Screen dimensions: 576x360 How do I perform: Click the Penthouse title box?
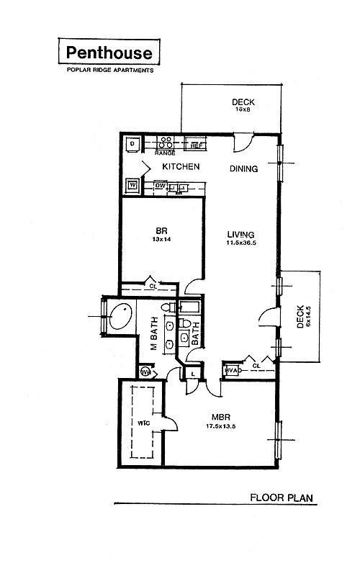tap(109, 52)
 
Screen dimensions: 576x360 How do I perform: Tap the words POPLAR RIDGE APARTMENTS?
tap(109, 70)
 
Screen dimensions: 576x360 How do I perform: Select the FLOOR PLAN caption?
tap(281, 497)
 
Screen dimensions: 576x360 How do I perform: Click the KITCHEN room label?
tap(180, 167)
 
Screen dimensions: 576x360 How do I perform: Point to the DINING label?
tap(243, 169)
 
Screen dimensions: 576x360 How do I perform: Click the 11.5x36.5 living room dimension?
tap(241, 243)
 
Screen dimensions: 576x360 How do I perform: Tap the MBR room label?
tap(220, 416)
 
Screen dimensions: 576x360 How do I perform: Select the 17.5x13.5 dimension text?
tap(220, 426)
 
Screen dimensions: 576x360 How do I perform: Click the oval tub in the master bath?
tap(121, 317)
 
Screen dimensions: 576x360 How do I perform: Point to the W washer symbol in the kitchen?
tap(132, 185)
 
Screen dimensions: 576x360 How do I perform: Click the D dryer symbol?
tap(132, 144)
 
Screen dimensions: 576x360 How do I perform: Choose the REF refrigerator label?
tap(197, 145)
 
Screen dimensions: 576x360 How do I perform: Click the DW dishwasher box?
tap(161, 186)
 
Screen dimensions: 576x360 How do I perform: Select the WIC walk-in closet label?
tap(144, 423)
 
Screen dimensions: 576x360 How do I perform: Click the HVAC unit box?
tap(231, 370)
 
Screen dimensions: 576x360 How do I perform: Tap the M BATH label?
tap(153, 335)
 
